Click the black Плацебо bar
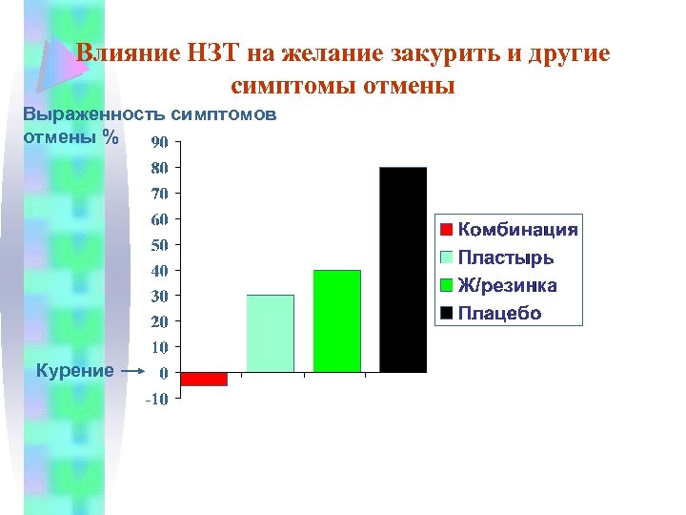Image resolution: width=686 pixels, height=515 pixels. click(403, 270)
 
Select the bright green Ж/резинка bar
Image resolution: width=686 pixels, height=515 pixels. click(337, 321)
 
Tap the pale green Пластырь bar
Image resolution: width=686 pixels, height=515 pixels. click(271, 334)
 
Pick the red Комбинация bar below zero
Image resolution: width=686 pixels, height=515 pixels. click(204, 379)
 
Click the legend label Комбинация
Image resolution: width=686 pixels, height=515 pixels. click(517, 229)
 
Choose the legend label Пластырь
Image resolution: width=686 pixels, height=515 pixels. click(506, 257)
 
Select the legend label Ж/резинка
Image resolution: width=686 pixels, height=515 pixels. click(508, 285)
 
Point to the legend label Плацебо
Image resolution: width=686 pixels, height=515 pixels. click(499, 313)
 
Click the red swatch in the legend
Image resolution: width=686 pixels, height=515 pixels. click(446, 229)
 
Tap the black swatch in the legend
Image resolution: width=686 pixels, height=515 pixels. click(446, 313)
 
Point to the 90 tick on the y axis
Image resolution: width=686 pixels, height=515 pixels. click(160, 142)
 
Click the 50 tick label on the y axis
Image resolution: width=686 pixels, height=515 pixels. click(160, 245)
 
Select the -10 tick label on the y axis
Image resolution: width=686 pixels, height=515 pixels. click(156, 399)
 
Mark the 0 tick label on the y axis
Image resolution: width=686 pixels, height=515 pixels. click(164, 373)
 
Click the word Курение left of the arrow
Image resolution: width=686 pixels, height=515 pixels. click(74, 370)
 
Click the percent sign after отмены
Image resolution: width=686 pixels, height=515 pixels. click(112, 136)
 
